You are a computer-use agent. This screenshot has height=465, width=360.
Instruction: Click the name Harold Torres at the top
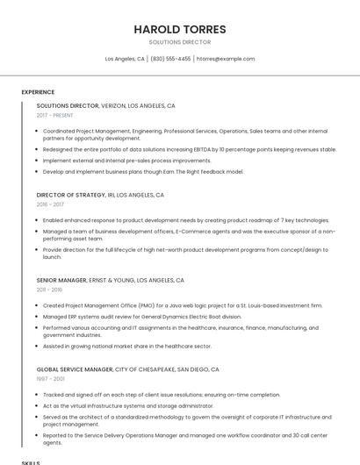click(x=179, y=29)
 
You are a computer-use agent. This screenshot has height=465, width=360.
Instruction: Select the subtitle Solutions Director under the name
click(x=179, y=42)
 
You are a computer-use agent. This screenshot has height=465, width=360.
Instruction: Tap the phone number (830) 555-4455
click(x=170, y=59)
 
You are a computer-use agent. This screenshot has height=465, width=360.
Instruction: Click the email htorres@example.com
click(x=226, y=59)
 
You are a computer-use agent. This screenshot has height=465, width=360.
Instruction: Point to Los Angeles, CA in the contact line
click(x=125, y=59)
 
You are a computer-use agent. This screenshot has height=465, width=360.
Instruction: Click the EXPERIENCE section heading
click(x=38, y=92)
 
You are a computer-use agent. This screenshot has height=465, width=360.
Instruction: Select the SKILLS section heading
click(x=31, y=461)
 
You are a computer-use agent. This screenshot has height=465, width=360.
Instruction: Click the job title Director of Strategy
click(x=70, y=195)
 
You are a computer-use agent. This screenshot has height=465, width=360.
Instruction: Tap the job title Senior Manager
click(x=61, y=280)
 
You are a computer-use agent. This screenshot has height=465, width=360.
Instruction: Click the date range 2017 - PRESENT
click(x=55, y=115)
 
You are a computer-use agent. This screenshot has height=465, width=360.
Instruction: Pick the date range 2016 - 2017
click(x=50, y=204)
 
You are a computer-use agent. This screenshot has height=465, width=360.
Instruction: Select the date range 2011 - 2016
click(x=49, y=290)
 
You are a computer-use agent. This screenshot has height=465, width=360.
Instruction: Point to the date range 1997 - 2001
click(x=49, y=380)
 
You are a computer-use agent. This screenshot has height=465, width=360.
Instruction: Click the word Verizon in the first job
click(x=113, y=105)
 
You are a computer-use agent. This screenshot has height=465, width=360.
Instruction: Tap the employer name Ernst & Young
click(x=112, y=280)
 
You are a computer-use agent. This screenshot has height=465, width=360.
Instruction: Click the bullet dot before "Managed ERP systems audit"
click(x=37, y=316)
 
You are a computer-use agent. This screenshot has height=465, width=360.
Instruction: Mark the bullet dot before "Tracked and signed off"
click(x=37, y=395)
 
